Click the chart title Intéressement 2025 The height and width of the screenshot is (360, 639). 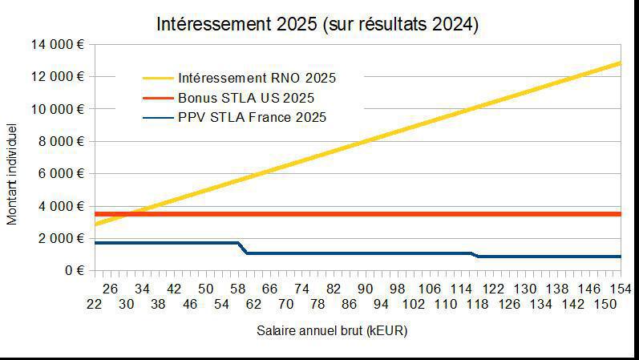coord(318,24)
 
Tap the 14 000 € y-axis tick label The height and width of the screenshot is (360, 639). coord(58,44)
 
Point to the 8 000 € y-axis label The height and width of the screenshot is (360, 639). coord(61,141)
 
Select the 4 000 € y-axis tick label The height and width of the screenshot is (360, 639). coord(61,206)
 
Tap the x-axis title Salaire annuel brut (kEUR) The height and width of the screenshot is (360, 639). coord(332,330)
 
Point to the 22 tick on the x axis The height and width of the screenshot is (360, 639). coord(95,305)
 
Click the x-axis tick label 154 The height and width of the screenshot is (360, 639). coord(620,289)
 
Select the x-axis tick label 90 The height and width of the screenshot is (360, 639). coord(365,289)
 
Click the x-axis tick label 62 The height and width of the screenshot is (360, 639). coord(254,305)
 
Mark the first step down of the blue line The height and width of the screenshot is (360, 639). coord(243,248)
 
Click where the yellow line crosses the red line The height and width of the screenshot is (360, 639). coord(130,214)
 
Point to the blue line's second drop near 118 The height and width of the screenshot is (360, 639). coord(475,255)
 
